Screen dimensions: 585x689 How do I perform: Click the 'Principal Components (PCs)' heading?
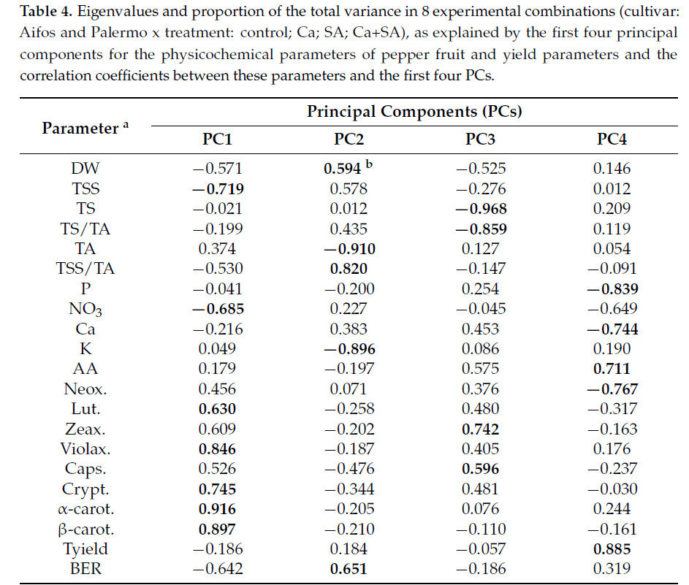[x=414, y=112]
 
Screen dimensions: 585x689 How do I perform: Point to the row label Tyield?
[x=85, y=548]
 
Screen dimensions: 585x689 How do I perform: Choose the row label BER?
[x=85, y=568]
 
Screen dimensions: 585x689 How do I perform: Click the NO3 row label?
[x=85, y=310]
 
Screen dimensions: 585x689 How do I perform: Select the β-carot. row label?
[x=85, y=528]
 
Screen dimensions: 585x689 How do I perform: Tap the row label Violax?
[x=85, y=449]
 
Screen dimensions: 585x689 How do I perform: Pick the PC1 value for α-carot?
[x=216, y=508]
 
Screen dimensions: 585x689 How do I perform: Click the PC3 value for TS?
[x=479, y=209]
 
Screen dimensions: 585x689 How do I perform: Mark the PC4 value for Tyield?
[x=612, y=548]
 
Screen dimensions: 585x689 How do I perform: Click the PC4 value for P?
[x=612, y=288]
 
